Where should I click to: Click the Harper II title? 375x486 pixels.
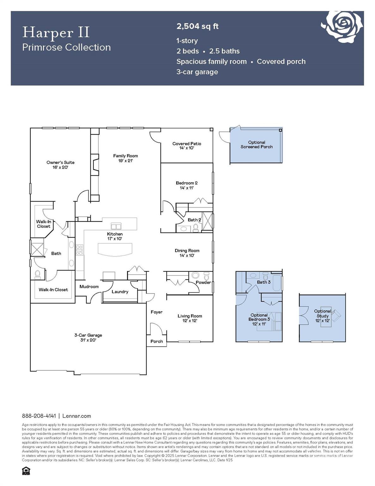point(56,32)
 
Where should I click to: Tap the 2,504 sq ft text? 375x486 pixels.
point(197,26)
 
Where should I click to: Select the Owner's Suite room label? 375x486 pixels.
point(60,165)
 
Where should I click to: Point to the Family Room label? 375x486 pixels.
point(125,158)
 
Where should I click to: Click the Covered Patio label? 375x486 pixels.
point(186,146)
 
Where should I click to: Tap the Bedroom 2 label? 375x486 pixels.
point(186,185)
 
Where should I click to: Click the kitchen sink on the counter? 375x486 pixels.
point(116,226)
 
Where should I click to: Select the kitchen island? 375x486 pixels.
point(115,249)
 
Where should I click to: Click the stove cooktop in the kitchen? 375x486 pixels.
point(79,250)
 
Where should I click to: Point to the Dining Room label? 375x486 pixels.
point(187,253)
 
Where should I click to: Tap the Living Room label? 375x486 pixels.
point(190,318)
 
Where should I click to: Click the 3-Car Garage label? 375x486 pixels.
point(88,337)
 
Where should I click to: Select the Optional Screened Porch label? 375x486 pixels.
point(256,145)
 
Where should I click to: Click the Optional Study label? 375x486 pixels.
point(322,315)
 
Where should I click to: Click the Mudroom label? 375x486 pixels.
point(89,286)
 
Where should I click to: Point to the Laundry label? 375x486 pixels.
point(120,291)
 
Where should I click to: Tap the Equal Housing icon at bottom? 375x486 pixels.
point(26,471)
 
